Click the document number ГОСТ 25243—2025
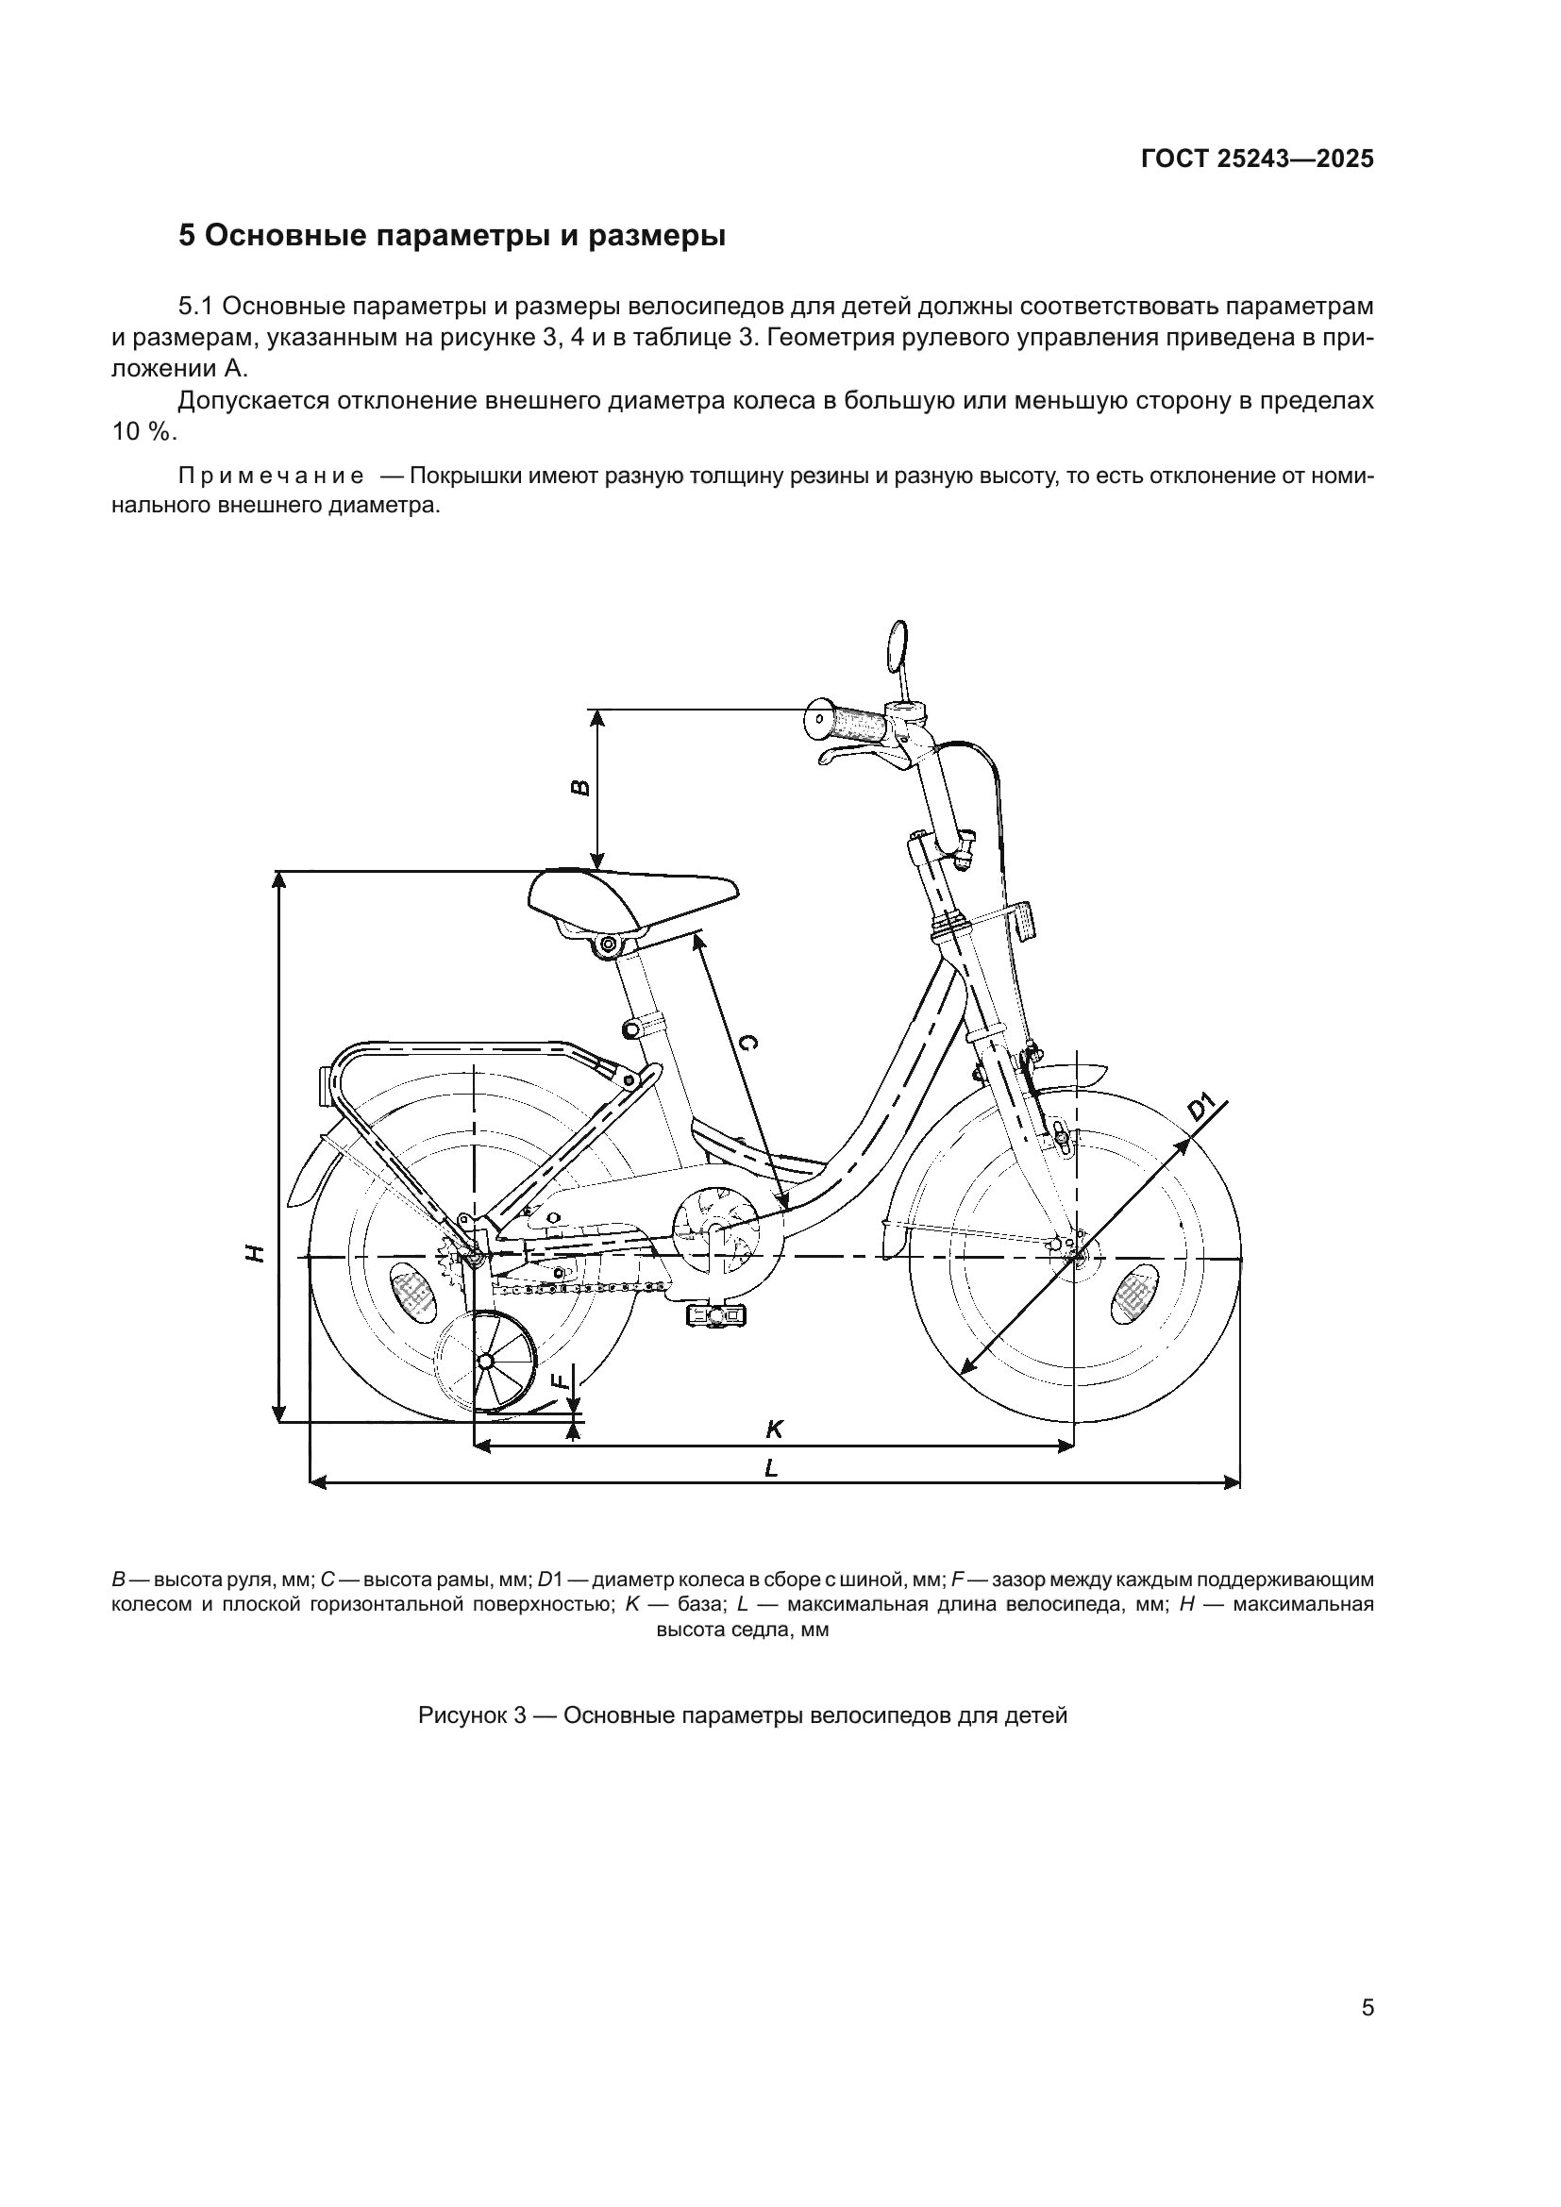point(1256,159)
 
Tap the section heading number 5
point(187,236)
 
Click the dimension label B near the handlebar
point(580,788)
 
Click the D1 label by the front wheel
point(1201,1107)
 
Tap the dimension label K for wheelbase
point(774,1430)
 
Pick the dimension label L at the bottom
point(770,1468)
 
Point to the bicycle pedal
point(713,1312)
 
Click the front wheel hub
point(1074,1255)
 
